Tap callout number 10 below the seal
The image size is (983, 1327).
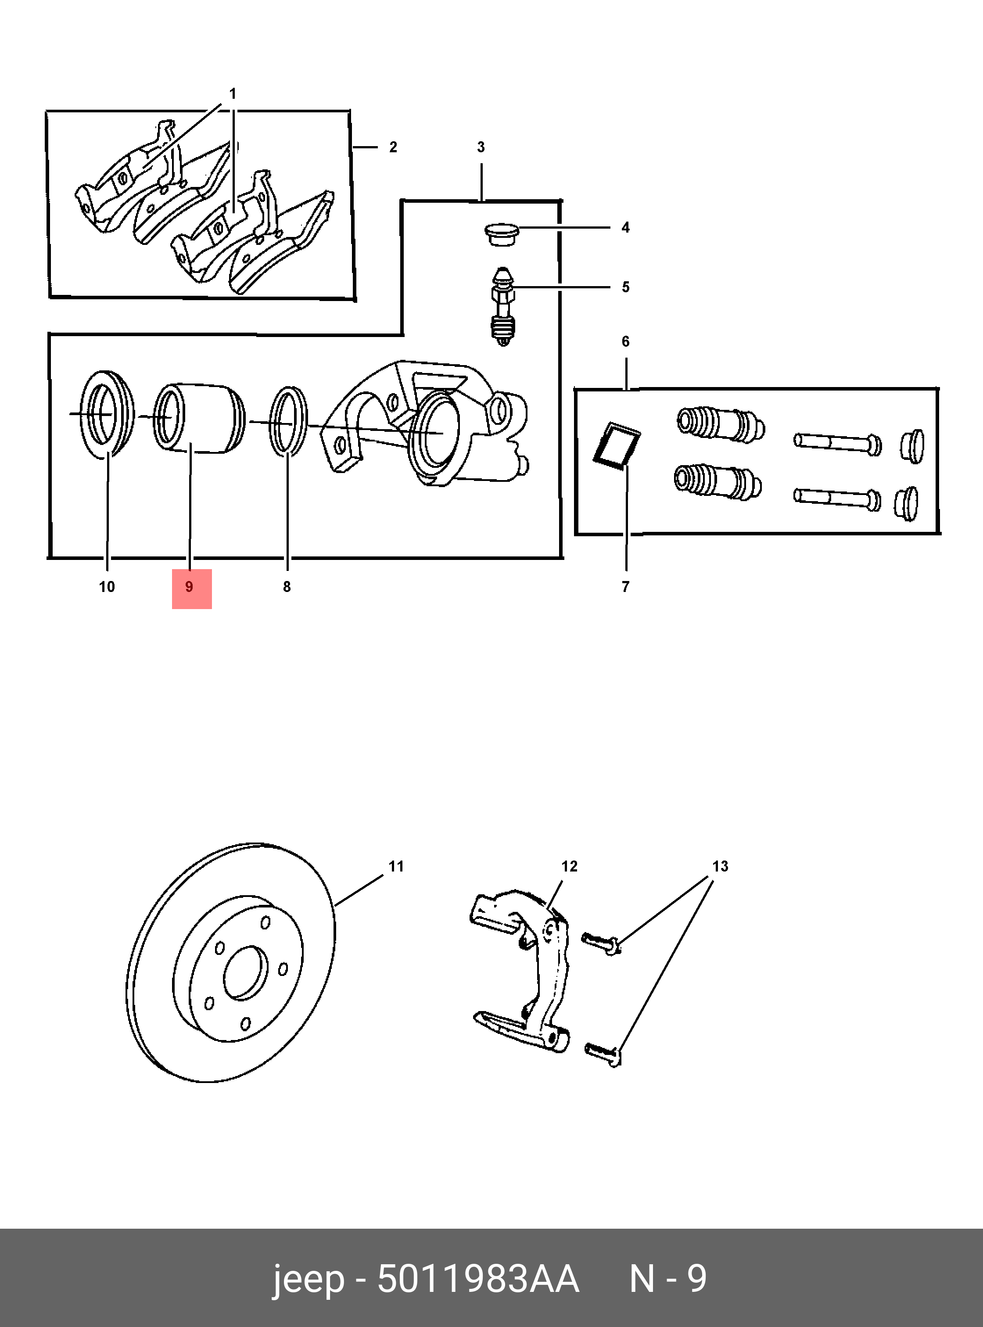pos(107,587)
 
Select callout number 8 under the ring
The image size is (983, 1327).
pos(287,587)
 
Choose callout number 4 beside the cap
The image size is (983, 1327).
pos(625,227)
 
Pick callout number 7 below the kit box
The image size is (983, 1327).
pos(625,587)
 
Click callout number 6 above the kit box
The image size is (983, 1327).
pos(625,341)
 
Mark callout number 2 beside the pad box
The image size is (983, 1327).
pos(393,147)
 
